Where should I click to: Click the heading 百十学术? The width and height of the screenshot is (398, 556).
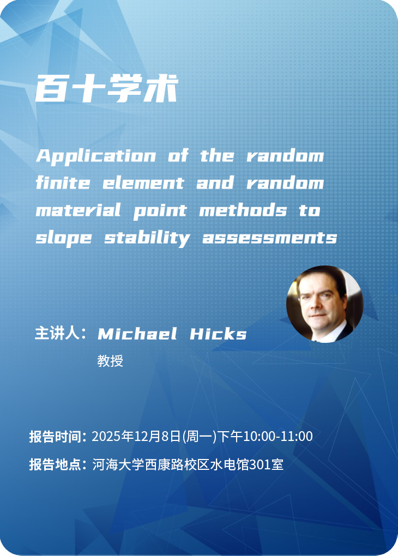[x=107, y=88]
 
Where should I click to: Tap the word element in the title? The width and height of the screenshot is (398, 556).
[x=143, y=183]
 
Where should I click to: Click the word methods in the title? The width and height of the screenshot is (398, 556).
[x=243, y=210]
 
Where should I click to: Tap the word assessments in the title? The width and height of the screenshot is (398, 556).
[x=269, y=238]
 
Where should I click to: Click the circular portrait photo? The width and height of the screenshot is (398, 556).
[x=324, y=304]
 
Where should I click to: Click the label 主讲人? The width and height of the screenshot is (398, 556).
[x=58, y=334]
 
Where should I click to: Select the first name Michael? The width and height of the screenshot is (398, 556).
[x=137, y=334]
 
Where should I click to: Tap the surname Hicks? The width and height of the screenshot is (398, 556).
[x=218, y=334]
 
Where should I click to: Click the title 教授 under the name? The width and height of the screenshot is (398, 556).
[x=110, y=361]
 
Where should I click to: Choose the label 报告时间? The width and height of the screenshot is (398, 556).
[x=56, y=437]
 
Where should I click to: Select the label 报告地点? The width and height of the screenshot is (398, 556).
[x=56, y=465]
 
